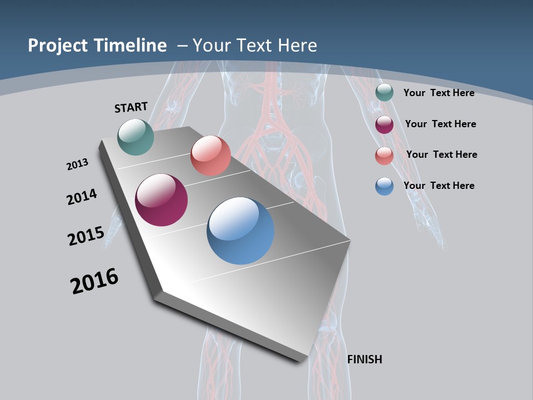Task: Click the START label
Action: click(x=131, y=107)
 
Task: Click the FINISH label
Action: click(x=364, y=359)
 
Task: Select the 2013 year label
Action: click(x=77, y=164)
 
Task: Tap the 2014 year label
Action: click(x=82, y=197)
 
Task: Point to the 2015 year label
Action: click(x=86, y=236)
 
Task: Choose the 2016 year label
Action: click(x=94, y=281)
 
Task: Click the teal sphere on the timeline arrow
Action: click(x=136, y=137)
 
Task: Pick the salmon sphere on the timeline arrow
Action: click(x=210, y=156)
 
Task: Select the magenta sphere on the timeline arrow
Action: click(x=162, y=200)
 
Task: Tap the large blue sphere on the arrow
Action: click(x=240, y=231)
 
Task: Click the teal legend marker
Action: click(x=384, y=93)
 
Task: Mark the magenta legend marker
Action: click(x=384, y=124)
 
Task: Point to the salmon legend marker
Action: click(x=384, y=156)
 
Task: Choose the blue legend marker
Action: click(x=384, y=186)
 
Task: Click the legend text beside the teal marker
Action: click(x=439, y=93)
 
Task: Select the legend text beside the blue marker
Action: click(x=439, y=186)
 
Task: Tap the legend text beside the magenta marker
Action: click(x=440, y=124)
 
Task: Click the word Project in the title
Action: click(x=58, y=46)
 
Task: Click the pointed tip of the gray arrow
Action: click(x=349, y=241)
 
